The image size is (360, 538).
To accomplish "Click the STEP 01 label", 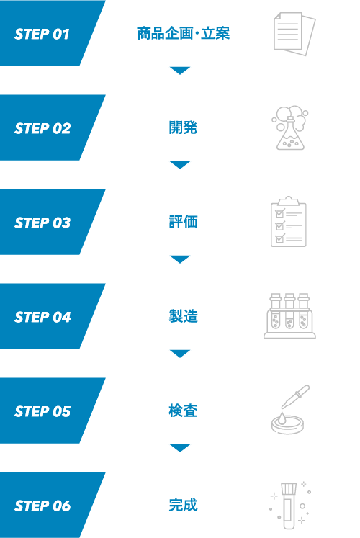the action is (42, 34).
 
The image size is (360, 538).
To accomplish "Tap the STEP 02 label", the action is (42, 128).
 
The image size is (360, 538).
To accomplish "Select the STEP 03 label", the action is (42, 223).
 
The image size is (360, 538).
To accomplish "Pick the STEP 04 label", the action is (42, 317).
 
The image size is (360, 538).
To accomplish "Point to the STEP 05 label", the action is (42, 411).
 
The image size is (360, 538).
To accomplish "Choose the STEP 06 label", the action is (42, 506).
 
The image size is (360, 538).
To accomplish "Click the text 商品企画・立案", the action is (183, 34).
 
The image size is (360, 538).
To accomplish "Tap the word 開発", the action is (183, 127).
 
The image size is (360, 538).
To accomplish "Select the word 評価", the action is (183, 222).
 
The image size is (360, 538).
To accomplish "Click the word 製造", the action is (183, 316).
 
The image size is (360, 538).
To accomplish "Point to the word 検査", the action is (183, 411).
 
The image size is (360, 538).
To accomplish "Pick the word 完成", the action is (183, 505).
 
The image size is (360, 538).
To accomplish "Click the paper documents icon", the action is (294, 34).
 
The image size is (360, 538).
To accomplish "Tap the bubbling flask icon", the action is (290, 127).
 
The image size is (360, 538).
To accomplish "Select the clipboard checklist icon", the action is (288, 222).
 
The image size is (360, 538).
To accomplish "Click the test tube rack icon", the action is (289, 316).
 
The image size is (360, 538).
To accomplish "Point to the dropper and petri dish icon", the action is (290, 410).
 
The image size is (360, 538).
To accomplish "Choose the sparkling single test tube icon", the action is (289, 506).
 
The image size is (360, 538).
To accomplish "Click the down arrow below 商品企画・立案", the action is (180, 71).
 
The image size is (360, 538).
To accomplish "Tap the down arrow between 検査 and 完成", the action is (180, 448).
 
